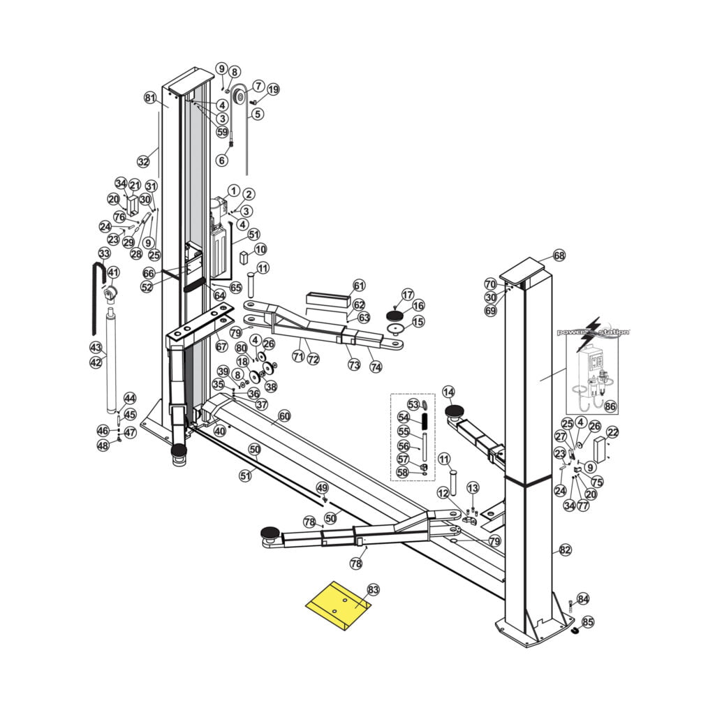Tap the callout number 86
610,405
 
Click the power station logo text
593,332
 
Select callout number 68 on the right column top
559,256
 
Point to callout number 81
150,97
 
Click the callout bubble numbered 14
448,392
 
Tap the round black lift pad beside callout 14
456,411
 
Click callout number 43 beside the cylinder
96,347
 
